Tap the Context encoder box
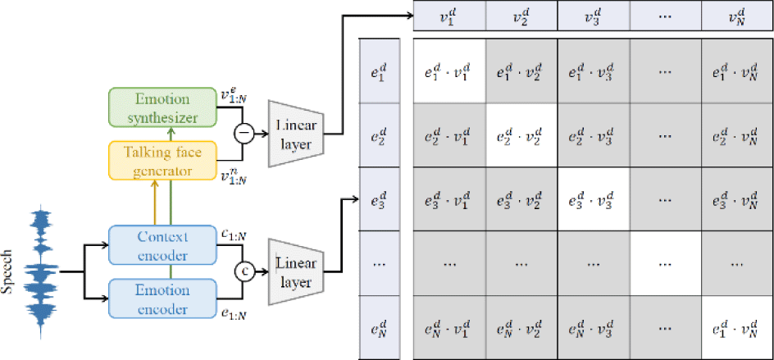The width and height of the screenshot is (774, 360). [161, 245]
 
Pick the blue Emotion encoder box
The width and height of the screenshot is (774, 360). [161, 298]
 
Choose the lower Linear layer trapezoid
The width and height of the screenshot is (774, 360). [297, 271]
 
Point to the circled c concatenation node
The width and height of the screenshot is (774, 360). [244, 269]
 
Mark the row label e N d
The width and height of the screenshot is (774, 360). [380, 333]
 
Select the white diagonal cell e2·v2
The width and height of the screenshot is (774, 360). [521, 136]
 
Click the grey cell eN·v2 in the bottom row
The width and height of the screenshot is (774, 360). [521, 333]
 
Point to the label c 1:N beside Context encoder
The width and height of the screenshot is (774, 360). [232, 235]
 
